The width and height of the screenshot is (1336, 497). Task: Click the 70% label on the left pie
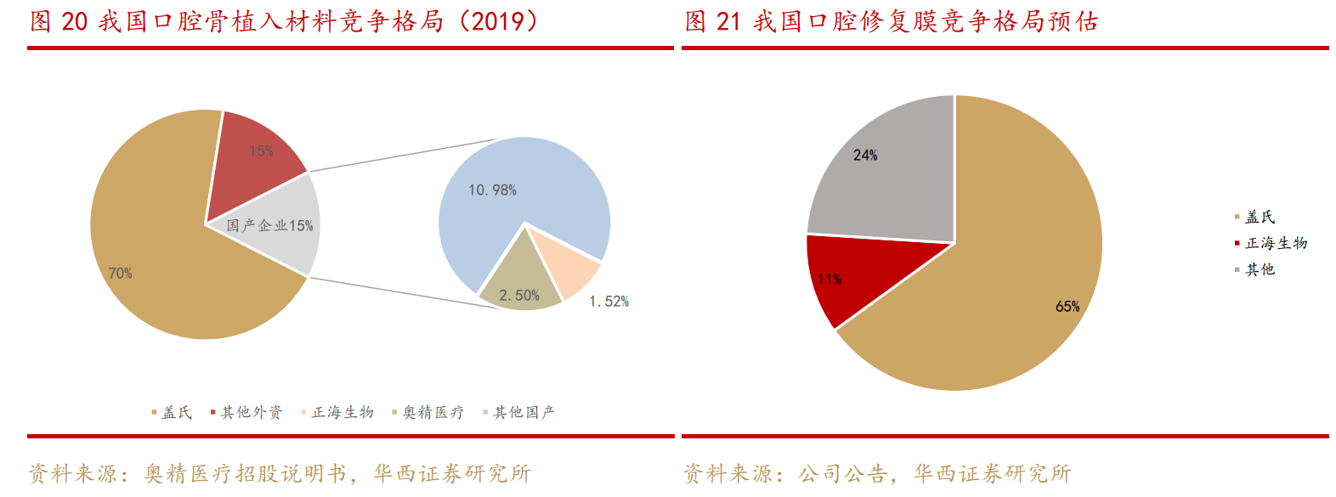120,274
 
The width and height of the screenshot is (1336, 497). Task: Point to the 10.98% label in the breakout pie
492,190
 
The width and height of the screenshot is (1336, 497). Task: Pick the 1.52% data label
609,302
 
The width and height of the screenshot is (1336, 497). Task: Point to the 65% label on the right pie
1067,307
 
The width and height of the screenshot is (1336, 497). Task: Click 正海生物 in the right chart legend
1276,244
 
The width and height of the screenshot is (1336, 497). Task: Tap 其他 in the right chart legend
1260,270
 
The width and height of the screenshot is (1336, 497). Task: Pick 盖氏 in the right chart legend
1260,217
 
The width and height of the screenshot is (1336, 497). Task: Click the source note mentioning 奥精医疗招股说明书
280,474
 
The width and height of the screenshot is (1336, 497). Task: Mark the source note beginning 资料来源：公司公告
877,474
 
